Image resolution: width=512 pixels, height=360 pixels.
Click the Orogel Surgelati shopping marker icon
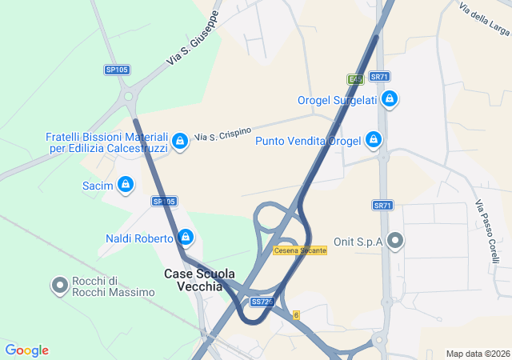[x=389, y=99]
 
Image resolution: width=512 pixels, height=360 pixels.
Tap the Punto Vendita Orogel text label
[x=308, y=141]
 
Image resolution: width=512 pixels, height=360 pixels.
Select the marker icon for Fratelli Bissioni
[x=181, y=142]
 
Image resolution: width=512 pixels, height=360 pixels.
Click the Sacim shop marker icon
[x=126, y=186]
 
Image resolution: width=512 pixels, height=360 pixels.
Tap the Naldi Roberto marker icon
[x=186, y=238]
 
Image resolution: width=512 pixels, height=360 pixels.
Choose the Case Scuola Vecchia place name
[x=200, y=280]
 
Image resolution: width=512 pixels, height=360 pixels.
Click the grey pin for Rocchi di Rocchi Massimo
[x=60, y=286]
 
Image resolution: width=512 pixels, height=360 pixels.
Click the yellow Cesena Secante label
[x=300, y=250]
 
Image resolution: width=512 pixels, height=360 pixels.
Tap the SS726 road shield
[x=262, y=302]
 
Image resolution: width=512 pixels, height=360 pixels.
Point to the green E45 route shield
[x=355, y=79]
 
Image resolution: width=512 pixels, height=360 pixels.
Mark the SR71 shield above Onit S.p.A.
[x=383, y=206]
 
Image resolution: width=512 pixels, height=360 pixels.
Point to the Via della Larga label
[x=485, y=18]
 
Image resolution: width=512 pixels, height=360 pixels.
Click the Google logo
[x=26, y=350]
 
